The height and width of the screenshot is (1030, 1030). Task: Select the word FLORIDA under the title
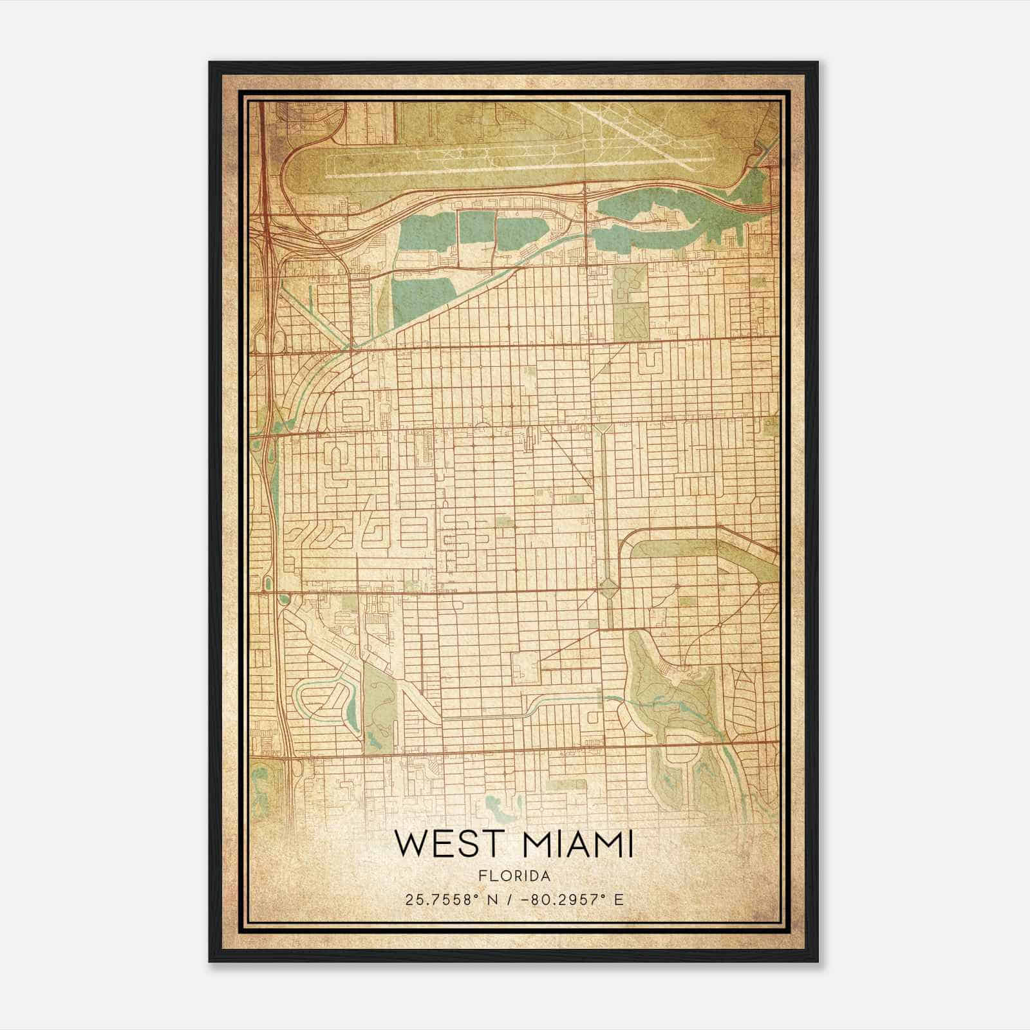(x=514, y=876)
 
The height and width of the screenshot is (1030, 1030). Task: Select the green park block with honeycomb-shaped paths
(x=628, y=283)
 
